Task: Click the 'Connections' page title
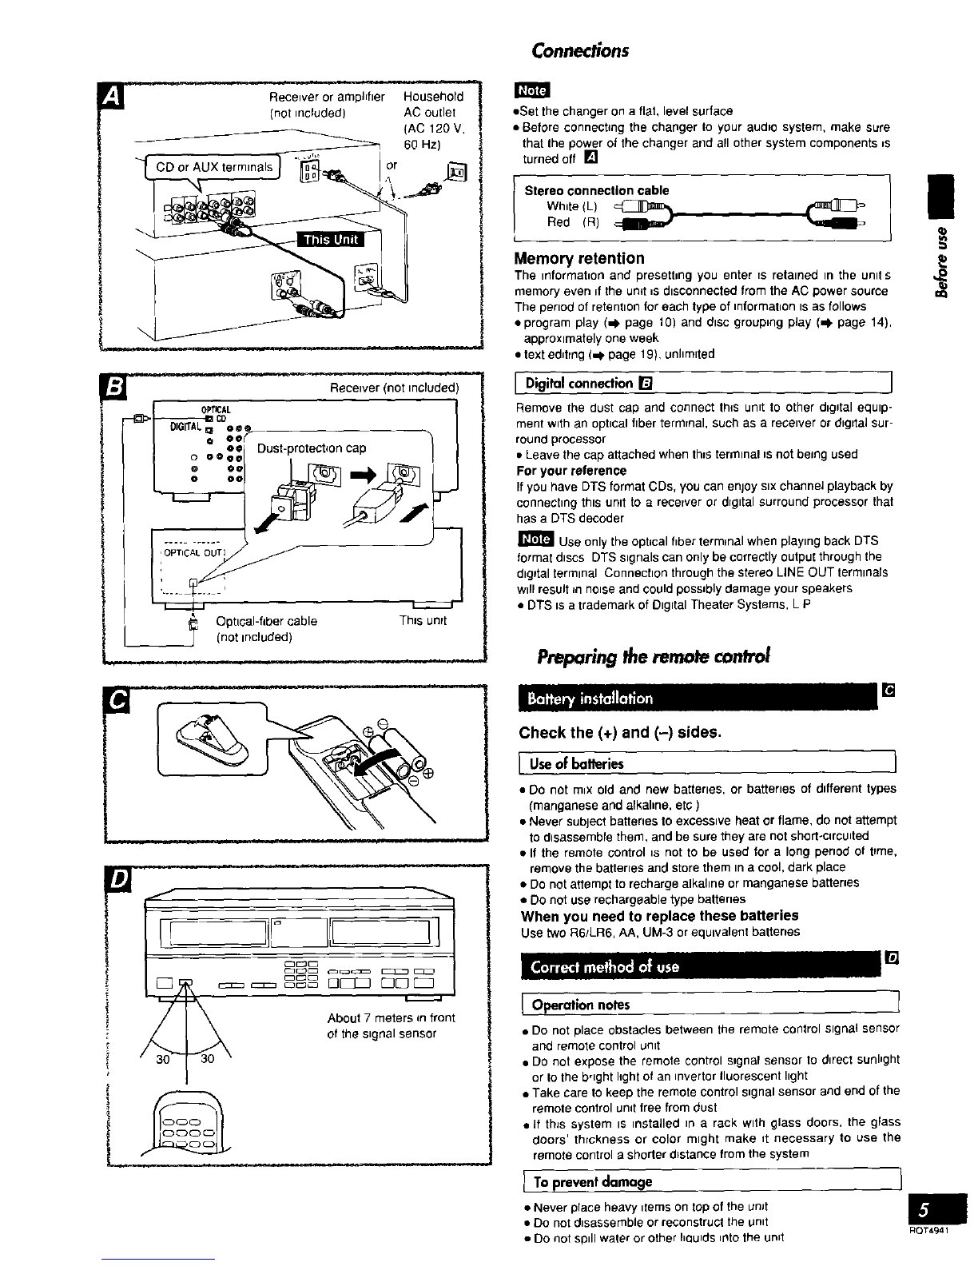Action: [580, 50]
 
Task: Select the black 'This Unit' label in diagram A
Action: [330, 240]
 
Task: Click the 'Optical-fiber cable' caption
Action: [266, 621]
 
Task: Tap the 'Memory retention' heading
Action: [580, 258]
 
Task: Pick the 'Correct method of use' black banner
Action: [606, 967]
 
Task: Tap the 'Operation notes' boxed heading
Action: [581, 1005]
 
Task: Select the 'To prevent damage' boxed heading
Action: [592, 1181]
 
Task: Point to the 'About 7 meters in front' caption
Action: [391, 1017]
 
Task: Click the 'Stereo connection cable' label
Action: [596, 190]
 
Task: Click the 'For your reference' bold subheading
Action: [571, 470]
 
